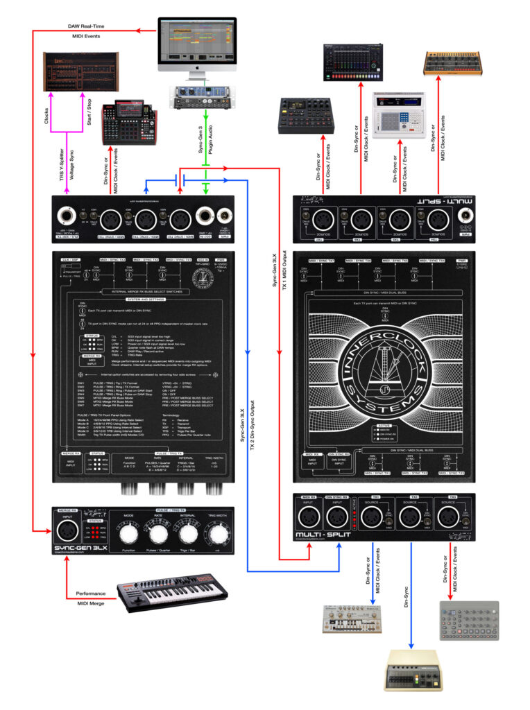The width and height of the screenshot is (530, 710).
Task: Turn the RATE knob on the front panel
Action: (159, 535)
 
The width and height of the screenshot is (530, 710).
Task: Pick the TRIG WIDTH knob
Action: (217, 535)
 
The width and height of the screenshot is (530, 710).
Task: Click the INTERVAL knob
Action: (188, 535)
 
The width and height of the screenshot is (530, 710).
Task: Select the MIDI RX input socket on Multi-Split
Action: (309, 517)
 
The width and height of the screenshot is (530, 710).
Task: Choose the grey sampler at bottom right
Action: (469, 620)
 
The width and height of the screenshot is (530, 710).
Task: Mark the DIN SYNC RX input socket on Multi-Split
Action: (338, 517)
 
